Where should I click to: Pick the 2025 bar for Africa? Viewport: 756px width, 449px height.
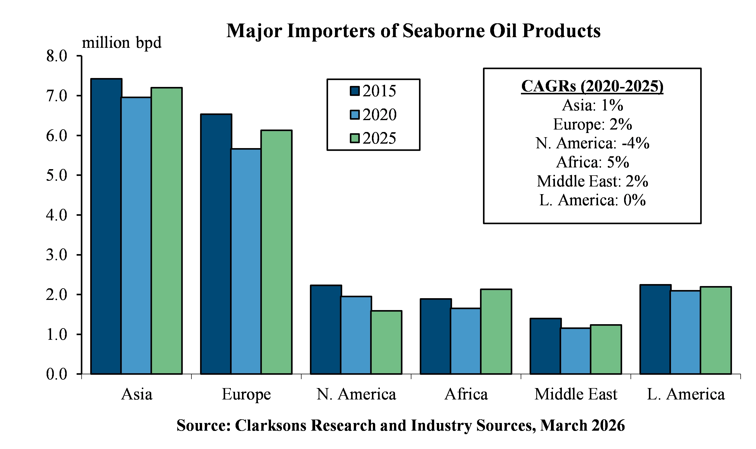(x=496, y=332)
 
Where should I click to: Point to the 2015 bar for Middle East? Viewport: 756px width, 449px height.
(x=545, y=346)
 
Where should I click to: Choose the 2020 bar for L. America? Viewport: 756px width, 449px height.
(x=685, y=333)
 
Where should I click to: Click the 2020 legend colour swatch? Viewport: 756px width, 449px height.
(x=354, y=115)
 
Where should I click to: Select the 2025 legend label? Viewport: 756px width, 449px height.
(x=379, y=138)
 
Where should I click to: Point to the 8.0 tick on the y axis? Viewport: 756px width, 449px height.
(x=57, y=56)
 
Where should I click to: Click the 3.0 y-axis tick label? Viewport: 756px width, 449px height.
(x=57, y=255)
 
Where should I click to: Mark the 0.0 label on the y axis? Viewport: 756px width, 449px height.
(x=57, y=374)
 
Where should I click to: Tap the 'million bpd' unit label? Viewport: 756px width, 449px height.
(x=121, y=42)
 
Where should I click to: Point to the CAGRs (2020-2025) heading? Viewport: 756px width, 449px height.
(x=592, y=86)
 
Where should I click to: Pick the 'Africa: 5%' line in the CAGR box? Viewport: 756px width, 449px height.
(x=592, y=162)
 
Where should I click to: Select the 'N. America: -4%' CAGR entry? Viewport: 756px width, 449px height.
(x=592, y=143)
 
